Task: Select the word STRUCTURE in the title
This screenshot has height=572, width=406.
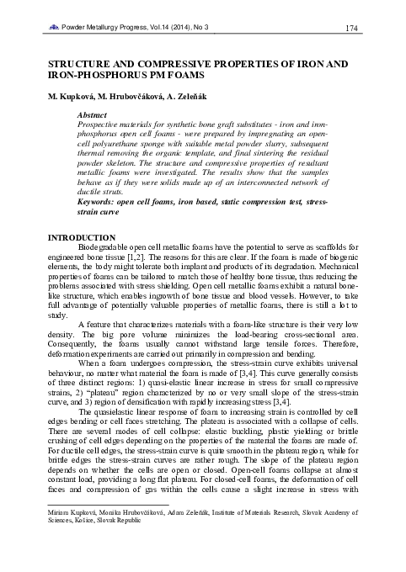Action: click(x=82, y=63)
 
